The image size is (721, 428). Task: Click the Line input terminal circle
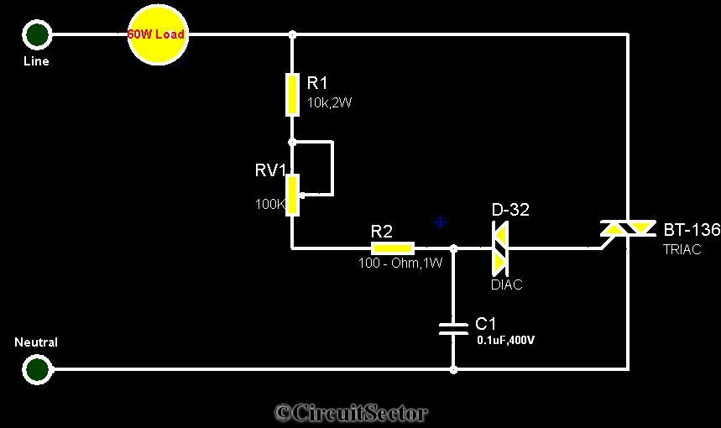pyautogui.click(x=37, y=34)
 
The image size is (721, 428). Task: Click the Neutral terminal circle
pyautogui.click(x=37, y=368)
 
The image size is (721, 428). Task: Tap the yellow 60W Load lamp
pyautogui.click(x=158, y=35)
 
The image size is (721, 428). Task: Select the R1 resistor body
pyautogui.click(x=292, y=94)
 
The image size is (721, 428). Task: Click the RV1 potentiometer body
pyautogui.click(x=292, y=195)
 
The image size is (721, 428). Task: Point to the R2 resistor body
pyautogui.click(x=393, y=248)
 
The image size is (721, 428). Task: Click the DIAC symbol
pyautogui.click(x=499, y=248)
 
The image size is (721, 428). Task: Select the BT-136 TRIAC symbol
pyautogui.click(x=628, y=228)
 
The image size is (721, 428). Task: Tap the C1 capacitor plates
pyautogui.click(x=453, y=328)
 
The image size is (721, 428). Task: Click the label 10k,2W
pyautogui.click(x=329, y=102)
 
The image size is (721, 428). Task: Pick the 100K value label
pyautogui.click(x=270, y=204)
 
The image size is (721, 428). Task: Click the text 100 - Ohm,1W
pyautogui.click(x=400, y=263)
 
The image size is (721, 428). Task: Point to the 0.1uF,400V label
pyautogui.click(x=506, y=340)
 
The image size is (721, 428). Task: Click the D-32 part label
pyautogui.click(x=510, y=210)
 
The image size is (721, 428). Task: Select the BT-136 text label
pyautogui.click(x=692, y=229)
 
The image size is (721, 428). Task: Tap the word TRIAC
pyautogui.click(x=682, y=249)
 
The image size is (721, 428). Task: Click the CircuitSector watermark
pyautogui.click(x=352, y=412)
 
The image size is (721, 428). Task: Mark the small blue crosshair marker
pyautogui.click(x=441, y=222)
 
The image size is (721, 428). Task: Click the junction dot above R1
pyautogui.click(x=292, y=34)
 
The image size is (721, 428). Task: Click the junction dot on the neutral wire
pyautogui.click(x=453, y=369)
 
